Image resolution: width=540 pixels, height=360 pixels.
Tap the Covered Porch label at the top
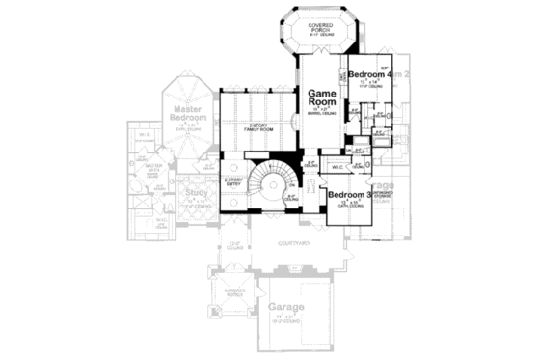pyautogui.click(x=321, y=26)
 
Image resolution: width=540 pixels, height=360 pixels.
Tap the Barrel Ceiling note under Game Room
pyautogui.click(x=321, y=113)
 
